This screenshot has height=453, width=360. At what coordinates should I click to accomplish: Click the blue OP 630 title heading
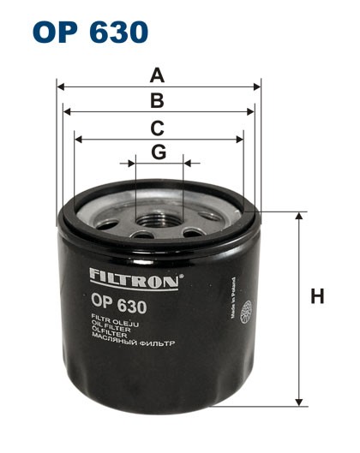[x=89, y=32]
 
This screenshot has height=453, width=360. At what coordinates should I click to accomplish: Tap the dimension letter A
[x=158, y=75]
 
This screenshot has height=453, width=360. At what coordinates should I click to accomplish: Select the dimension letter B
[x=158, y=101]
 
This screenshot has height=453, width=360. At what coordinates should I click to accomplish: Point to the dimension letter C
[x=158, y=128]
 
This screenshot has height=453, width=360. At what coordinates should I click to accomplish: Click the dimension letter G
[x=159, y=152]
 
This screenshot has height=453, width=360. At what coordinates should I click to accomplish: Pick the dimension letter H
[x=317, y=298]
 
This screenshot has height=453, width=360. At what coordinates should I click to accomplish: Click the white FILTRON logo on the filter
[x=134, y=277]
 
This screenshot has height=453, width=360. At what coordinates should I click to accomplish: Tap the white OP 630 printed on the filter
[x=118, y=303]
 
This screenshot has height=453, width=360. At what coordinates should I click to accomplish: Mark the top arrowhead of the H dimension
[x=299, y=215]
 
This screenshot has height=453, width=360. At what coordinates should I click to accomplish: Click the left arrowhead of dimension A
[x=60, y=86]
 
